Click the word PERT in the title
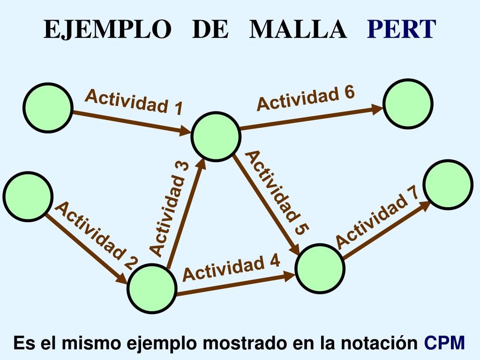coord(402,30)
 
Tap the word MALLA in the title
coord(298,30)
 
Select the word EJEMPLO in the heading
coord(107,30)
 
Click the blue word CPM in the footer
coord(444,343)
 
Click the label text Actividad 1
coord(134,102)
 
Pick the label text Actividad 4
coord(232,268)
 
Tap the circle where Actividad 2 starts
coord(28,196)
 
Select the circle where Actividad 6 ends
coord(408,104)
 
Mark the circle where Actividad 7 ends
coord(448,184)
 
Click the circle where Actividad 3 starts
coord(152,288)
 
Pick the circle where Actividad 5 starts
coord(216,136)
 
